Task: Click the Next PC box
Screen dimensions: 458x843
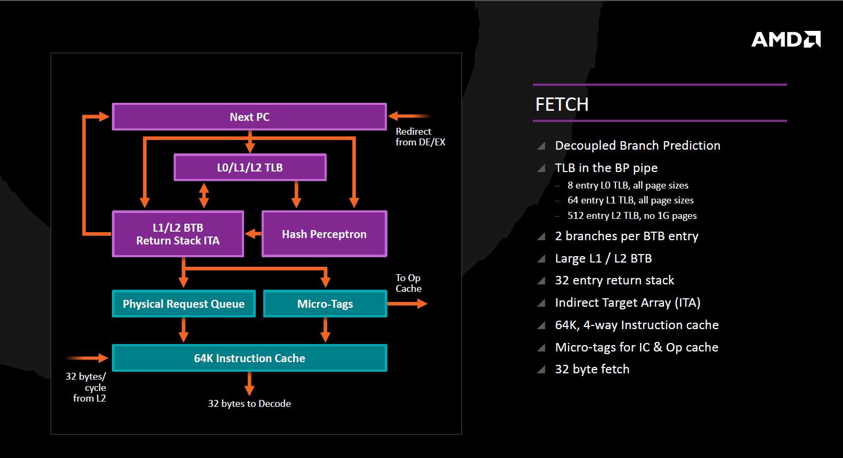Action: [249, 117]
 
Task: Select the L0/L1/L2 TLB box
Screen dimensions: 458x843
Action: [250, 167]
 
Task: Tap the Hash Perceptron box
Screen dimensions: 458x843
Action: [324, 234]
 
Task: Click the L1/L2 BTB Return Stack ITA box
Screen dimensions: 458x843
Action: [178, 234]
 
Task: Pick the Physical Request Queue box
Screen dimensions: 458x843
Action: [183, 304]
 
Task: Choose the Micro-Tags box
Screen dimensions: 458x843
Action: [325, 304]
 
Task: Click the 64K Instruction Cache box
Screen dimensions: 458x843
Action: [249, 358]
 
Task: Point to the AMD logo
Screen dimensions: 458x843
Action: [785, 39]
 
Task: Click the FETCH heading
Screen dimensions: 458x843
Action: [562, 104]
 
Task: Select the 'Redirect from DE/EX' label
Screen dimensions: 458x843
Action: [420, 137]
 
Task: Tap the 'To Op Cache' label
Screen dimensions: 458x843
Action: [408, 283]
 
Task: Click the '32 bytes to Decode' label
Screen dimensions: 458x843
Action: [249, 404]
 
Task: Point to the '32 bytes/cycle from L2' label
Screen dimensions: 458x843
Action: [87, 387]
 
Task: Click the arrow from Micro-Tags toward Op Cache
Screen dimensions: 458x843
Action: [407, 304]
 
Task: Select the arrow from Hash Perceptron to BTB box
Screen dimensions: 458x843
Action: [253, 234]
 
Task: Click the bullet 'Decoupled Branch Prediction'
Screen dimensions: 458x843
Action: [637, 145]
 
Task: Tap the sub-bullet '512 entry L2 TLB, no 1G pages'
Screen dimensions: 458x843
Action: [632, 216]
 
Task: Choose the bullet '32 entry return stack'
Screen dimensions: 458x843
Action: [614, 280]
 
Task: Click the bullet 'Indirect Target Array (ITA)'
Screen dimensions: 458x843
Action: [627, 302]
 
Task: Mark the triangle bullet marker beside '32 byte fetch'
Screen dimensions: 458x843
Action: [541, 370]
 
